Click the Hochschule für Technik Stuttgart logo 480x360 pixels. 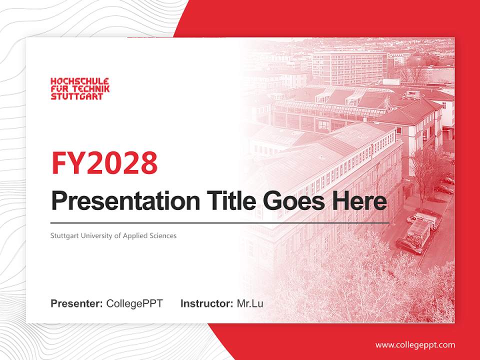point(80,88)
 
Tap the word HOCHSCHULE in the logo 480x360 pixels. point(80,81)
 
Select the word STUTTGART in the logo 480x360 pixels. point(76,96)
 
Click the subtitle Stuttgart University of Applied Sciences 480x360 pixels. point(113,235)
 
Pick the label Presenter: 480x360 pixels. point(76,303)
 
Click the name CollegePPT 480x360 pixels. point(134,303)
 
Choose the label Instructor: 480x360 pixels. point(206,303)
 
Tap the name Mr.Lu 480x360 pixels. point(250,303)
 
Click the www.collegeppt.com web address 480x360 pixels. point(415,344)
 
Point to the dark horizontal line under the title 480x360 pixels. point(220,222)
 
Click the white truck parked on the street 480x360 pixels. point(419,232)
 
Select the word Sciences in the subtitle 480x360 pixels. point(163,235)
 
